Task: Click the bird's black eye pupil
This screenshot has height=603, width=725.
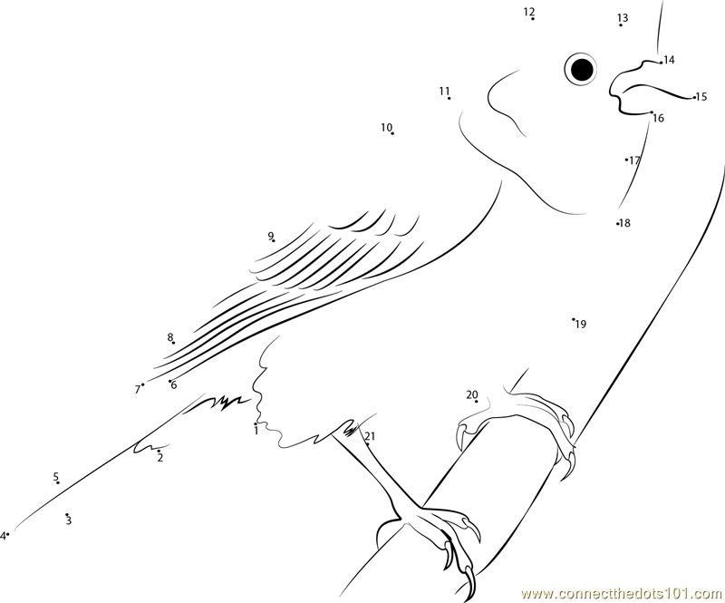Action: coord(582,70)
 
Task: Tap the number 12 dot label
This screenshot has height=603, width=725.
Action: coord(529,12)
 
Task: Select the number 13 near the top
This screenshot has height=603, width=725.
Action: coord(623,18)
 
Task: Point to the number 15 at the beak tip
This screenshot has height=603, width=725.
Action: coord(701,97)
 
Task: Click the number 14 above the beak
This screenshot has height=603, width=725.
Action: coord(669,60)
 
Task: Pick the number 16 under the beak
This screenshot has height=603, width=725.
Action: coord(659,119)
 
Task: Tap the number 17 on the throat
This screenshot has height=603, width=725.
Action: coord(634,160)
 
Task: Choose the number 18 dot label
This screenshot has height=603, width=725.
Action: coord(624,223)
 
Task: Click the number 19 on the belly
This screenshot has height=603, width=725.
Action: coord(581,325)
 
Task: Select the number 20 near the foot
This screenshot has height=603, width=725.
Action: coord(471,394)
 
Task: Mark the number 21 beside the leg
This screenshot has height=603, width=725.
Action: coord(371,436)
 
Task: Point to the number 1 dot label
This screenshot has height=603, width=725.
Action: coord(256,431)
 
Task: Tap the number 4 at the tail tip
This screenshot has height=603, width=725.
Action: coord(3,536)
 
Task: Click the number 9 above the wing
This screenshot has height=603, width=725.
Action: coord(270,236)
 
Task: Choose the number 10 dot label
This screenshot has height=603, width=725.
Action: coord(387,127)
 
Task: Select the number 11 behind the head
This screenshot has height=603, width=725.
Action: coord(444,91)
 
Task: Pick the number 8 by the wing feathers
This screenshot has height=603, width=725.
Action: coord(170,337)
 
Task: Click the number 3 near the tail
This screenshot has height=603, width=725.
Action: coord(69,521)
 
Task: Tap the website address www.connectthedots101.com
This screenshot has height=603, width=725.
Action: coord(623,593)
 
